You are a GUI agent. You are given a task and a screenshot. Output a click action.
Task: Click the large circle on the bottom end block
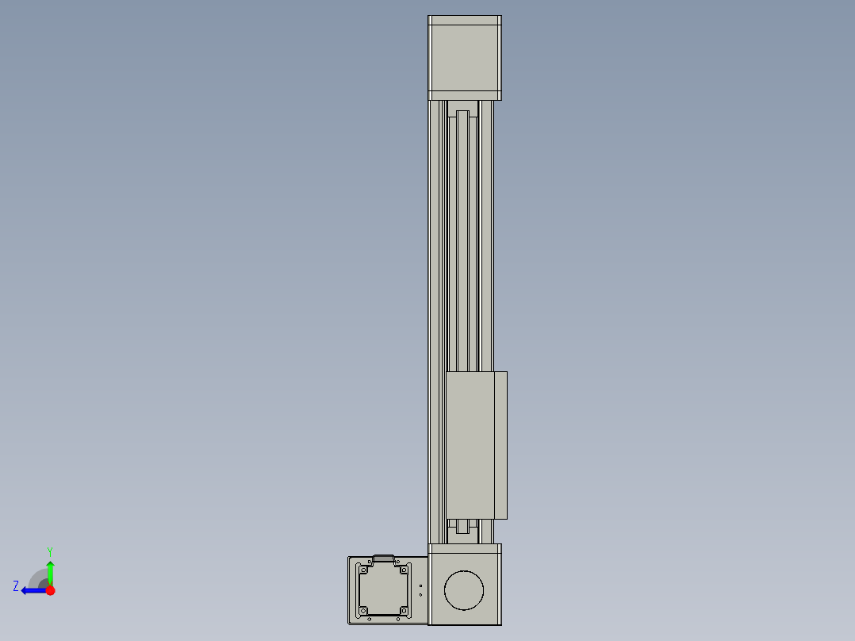[x=464, y=590]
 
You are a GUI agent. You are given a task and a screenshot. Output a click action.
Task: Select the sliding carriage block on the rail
[x=470, y=444]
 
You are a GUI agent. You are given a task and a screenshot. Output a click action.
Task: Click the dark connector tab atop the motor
[x=384, y=558]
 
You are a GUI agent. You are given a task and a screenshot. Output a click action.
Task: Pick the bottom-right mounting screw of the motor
[x=404, y=611]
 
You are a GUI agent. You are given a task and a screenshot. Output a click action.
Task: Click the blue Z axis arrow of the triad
[x=32, y=590]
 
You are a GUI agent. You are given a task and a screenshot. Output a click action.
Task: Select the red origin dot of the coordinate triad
[x=50, y=590]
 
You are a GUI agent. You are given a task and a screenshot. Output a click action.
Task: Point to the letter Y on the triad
[x=49, y=551]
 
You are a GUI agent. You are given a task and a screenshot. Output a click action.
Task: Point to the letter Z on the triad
[x=16, y=586]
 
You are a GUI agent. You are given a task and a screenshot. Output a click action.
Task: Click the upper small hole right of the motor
[x=420, y=585]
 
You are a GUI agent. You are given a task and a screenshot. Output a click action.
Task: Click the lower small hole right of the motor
[x=420, y=595]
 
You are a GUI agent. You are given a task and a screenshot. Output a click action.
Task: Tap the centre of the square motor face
[x=384, y=590]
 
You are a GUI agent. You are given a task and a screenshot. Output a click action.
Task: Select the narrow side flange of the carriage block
[x=501, y=444]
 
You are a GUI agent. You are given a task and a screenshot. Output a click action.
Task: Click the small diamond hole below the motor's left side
[x=370, y=619]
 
